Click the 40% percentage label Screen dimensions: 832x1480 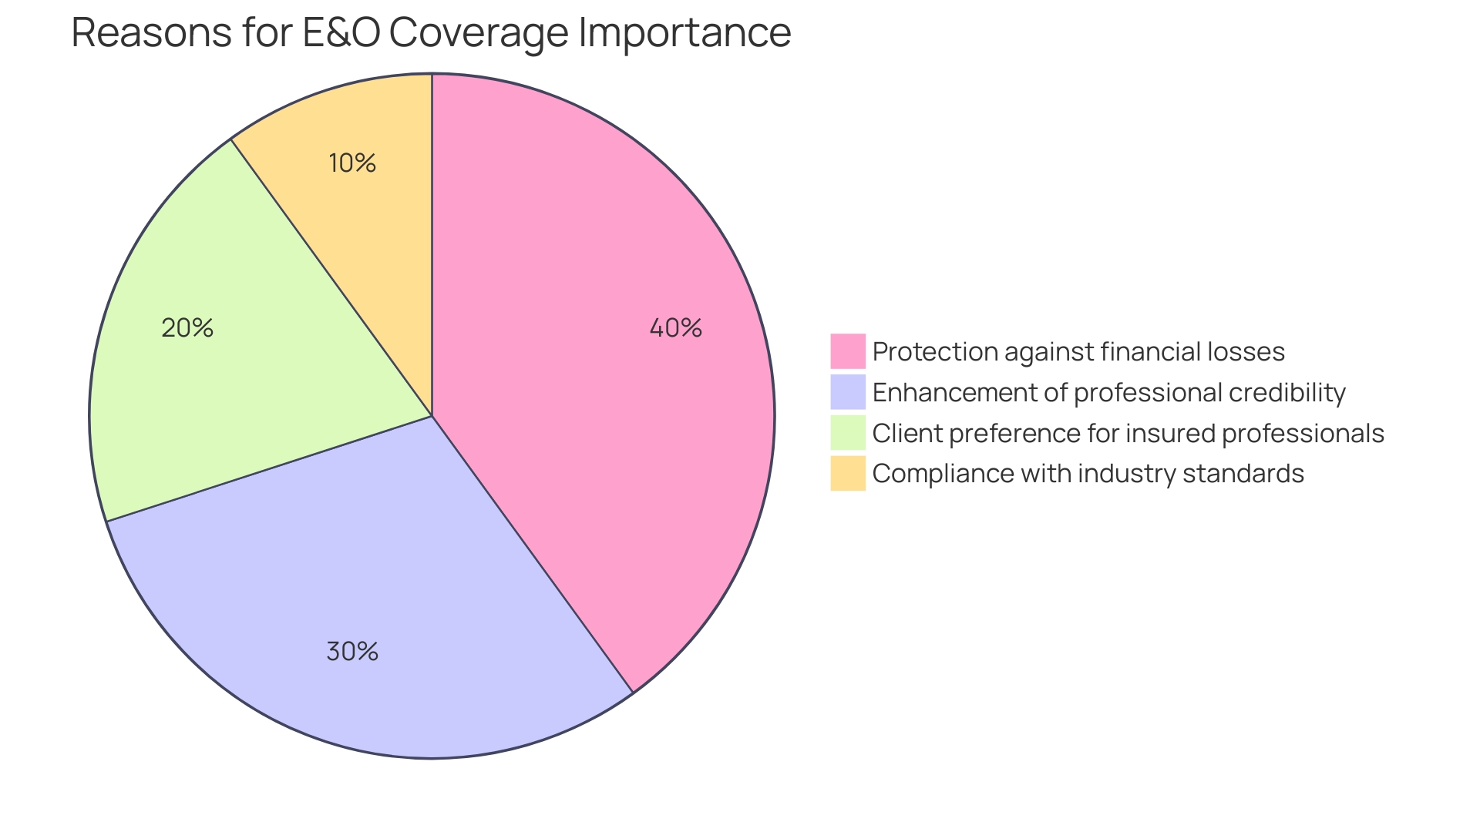point(675,328)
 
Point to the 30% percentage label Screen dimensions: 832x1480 point(352,652)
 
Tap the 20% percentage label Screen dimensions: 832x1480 point(187,328)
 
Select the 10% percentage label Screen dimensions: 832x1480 point(352,163)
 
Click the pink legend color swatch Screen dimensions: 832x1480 point(847,351)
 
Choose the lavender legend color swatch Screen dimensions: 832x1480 point(847,392)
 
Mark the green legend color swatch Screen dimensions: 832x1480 point(847,433)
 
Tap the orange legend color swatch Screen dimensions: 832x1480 point(847,473)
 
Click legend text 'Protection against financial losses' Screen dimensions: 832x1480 point(1078,352)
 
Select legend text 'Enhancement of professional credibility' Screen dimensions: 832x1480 point(1108,393)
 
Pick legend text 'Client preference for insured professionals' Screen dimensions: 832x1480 point(1128,434)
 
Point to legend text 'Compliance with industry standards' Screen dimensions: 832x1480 point(1088,474)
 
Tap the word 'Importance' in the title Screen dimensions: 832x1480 point(684,33)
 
